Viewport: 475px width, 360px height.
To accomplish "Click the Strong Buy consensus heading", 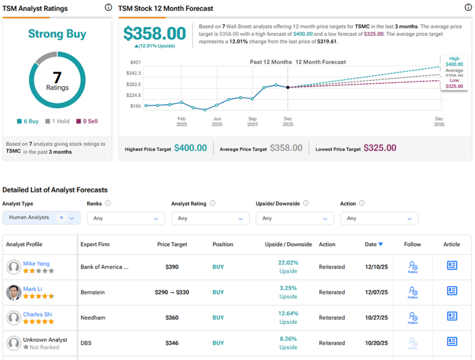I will pos(57,34).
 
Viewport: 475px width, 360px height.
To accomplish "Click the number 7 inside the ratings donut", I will pos(57,77).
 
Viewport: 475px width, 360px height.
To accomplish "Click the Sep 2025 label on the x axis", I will pos(252,121).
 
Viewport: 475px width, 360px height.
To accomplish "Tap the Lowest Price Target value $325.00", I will pos(380,148).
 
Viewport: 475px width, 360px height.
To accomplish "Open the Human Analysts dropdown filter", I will pos(41,218).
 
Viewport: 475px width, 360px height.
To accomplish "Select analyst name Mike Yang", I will pos(36,264).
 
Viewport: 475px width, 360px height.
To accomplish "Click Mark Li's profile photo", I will pos(14,293).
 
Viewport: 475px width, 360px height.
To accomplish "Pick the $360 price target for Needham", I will pos(172,317).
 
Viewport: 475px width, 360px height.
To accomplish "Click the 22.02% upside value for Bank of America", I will pos(288,263).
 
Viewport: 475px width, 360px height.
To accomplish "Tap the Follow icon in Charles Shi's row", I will pos(413,317).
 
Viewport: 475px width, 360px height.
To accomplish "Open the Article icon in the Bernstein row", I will pos(452,291).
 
